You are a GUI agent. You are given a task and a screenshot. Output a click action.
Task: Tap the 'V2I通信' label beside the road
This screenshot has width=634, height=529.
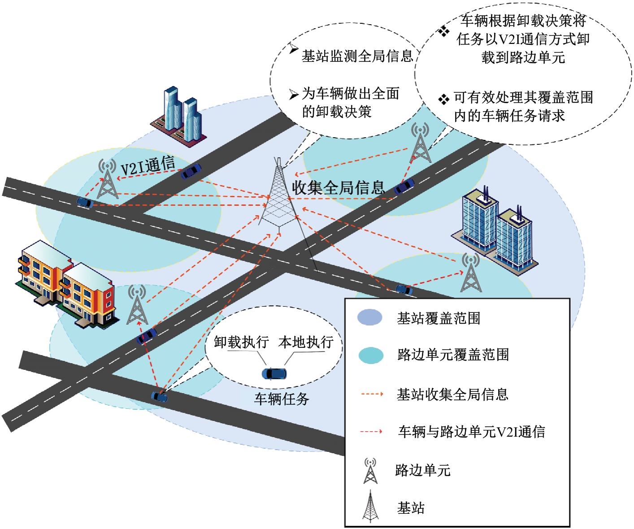pos(148,166)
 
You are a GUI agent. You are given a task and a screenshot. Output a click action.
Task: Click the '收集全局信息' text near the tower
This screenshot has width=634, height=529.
pos(338,187)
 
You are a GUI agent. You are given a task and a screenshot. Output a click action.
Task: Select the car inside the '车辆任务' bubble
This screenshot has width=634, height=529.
pos(274,374)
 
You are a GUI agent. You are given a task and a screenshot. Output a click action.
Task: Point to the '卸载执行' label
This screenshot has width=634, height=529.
pos(241,342)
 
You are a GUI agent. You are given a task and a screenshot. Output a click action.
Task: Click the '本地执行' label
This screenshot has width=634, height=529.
pos(306,342)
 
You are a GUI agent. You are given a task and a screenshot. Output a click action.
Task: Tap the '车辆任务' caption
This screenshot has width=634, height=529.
pos(282,399)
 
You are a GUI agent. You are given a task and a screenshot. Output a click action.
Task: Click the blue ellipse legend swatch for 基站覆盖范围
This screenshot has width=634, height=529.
pos(370,317)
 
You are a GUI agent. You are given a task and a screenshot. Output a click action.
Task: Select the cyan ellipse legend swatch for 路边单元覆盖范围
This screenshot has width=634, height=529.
pos(371,355)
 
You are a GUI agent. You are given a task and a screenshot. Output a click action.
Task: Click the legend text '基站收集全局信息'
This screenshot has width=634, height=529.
pos(452,394)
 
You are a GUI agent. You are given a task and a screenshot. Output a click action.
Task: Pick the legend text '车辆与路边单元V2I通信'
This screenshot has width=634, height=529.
pos(472,432)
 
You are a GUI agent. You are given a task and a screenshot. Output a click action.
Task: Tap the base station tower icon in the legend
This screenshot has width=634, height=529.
pos(370,506)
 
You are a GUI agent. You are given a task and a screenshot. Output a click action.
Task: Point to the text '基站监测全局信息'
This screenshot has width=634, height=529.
pos(357,56)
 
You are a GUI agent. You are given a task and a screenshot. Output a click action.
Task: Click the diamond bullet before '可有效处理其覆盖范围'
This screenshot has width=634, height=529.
pos(443,99)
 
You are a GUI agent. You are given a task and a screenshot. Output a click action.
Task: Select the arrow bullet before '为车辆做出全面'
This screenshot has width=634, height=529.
pos(294,95)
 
